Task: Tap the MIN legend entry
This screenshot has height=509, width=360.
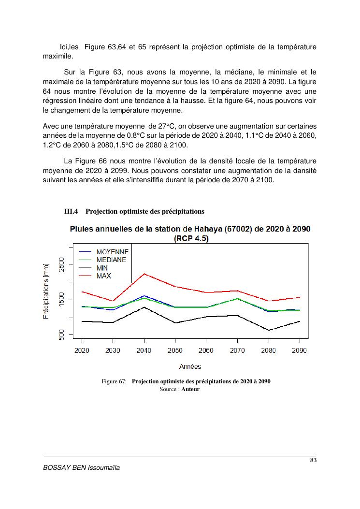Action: click(102, 268)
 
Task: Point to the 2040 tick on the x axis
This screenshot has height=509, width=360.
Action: click(144, 350)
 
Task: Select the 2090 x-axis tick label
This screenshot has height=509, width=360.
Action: click(300, 350)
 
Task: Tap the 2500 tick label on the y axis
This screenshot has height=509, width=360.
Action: click(61, 265)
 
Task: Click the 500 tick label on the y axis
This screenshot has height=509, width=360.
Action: click(61, 334)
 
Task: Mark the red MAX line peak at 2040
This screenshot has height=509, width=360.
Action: click(144, 274)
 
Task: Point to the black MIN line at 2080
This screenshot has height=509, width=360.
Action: click(269, 330)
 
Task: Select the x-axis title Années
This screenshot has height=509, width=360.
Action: click(190, 366)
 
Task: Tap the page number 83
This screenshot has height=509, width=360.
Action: click(313, 460)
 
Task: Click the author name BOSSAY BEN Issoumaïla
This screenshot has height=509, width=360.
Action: click(82, 468)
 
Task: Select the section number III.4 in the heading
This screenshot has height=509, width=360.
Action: click(72, 211)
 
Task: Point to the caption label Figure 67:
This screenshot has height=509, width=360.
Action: click(114, 381)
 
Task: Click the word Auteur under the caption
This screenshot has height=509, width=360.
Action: click(190, 389)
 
